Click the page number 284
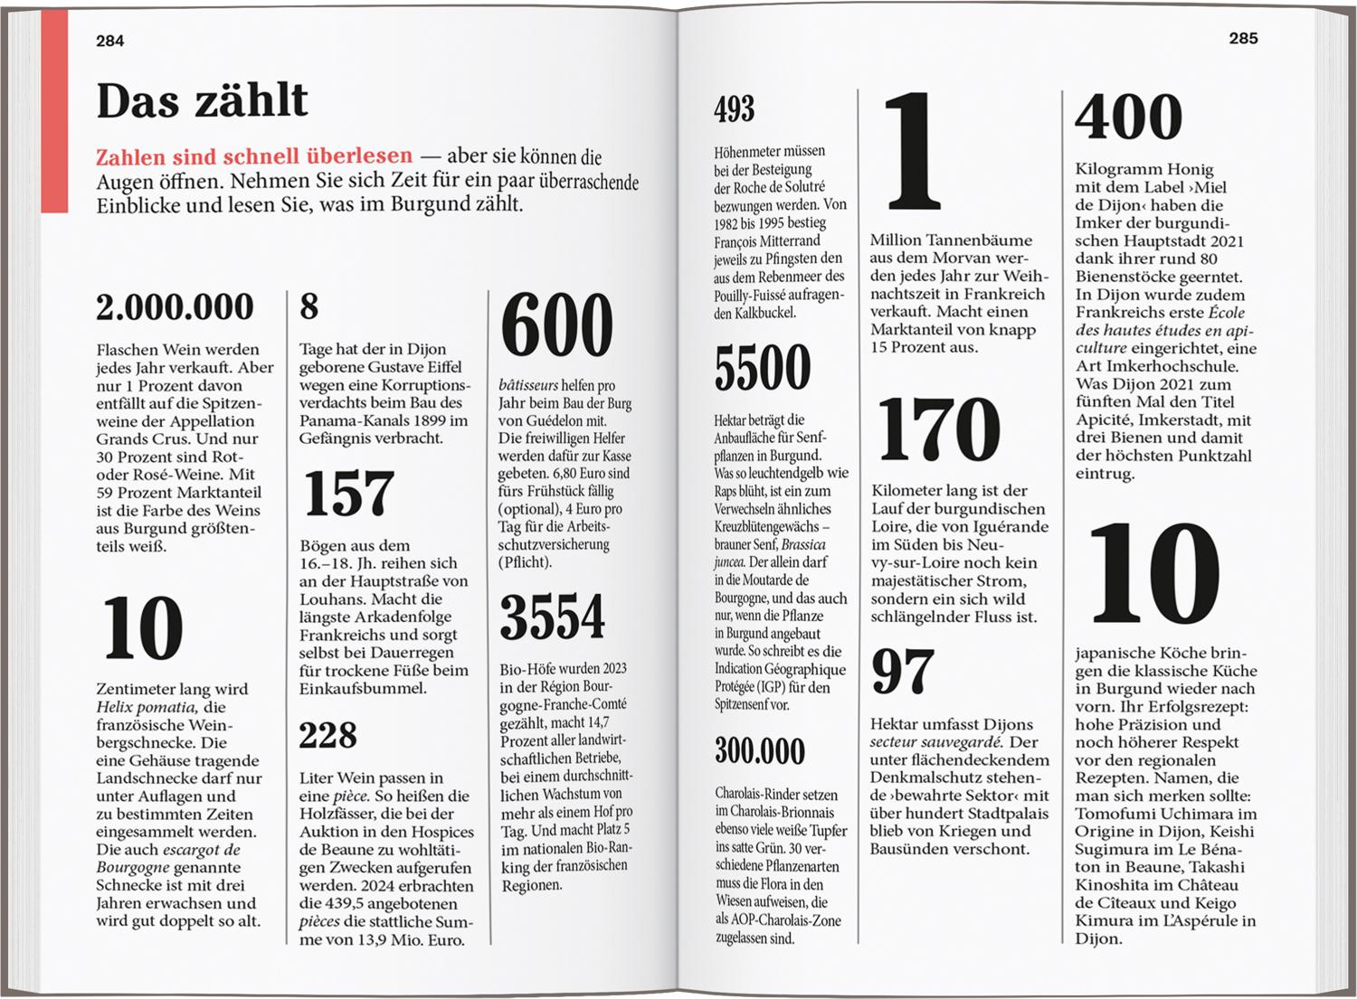109,41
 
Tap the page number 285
1243,38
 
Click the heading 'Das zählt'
202,100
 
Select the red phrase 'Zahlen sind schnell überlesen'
254,156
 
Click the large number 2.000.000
175,307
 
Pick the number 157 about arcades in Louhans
348,494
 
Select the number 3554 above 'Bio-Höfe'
552,617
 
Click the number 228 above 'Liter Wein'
327,735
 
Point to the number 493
734,109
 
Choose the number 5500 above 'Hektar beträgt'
762,368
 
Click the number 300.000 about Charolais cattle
759,751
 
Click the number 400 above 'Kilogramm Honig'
1128,118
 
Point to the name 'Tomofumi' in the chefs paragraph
1112,814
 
